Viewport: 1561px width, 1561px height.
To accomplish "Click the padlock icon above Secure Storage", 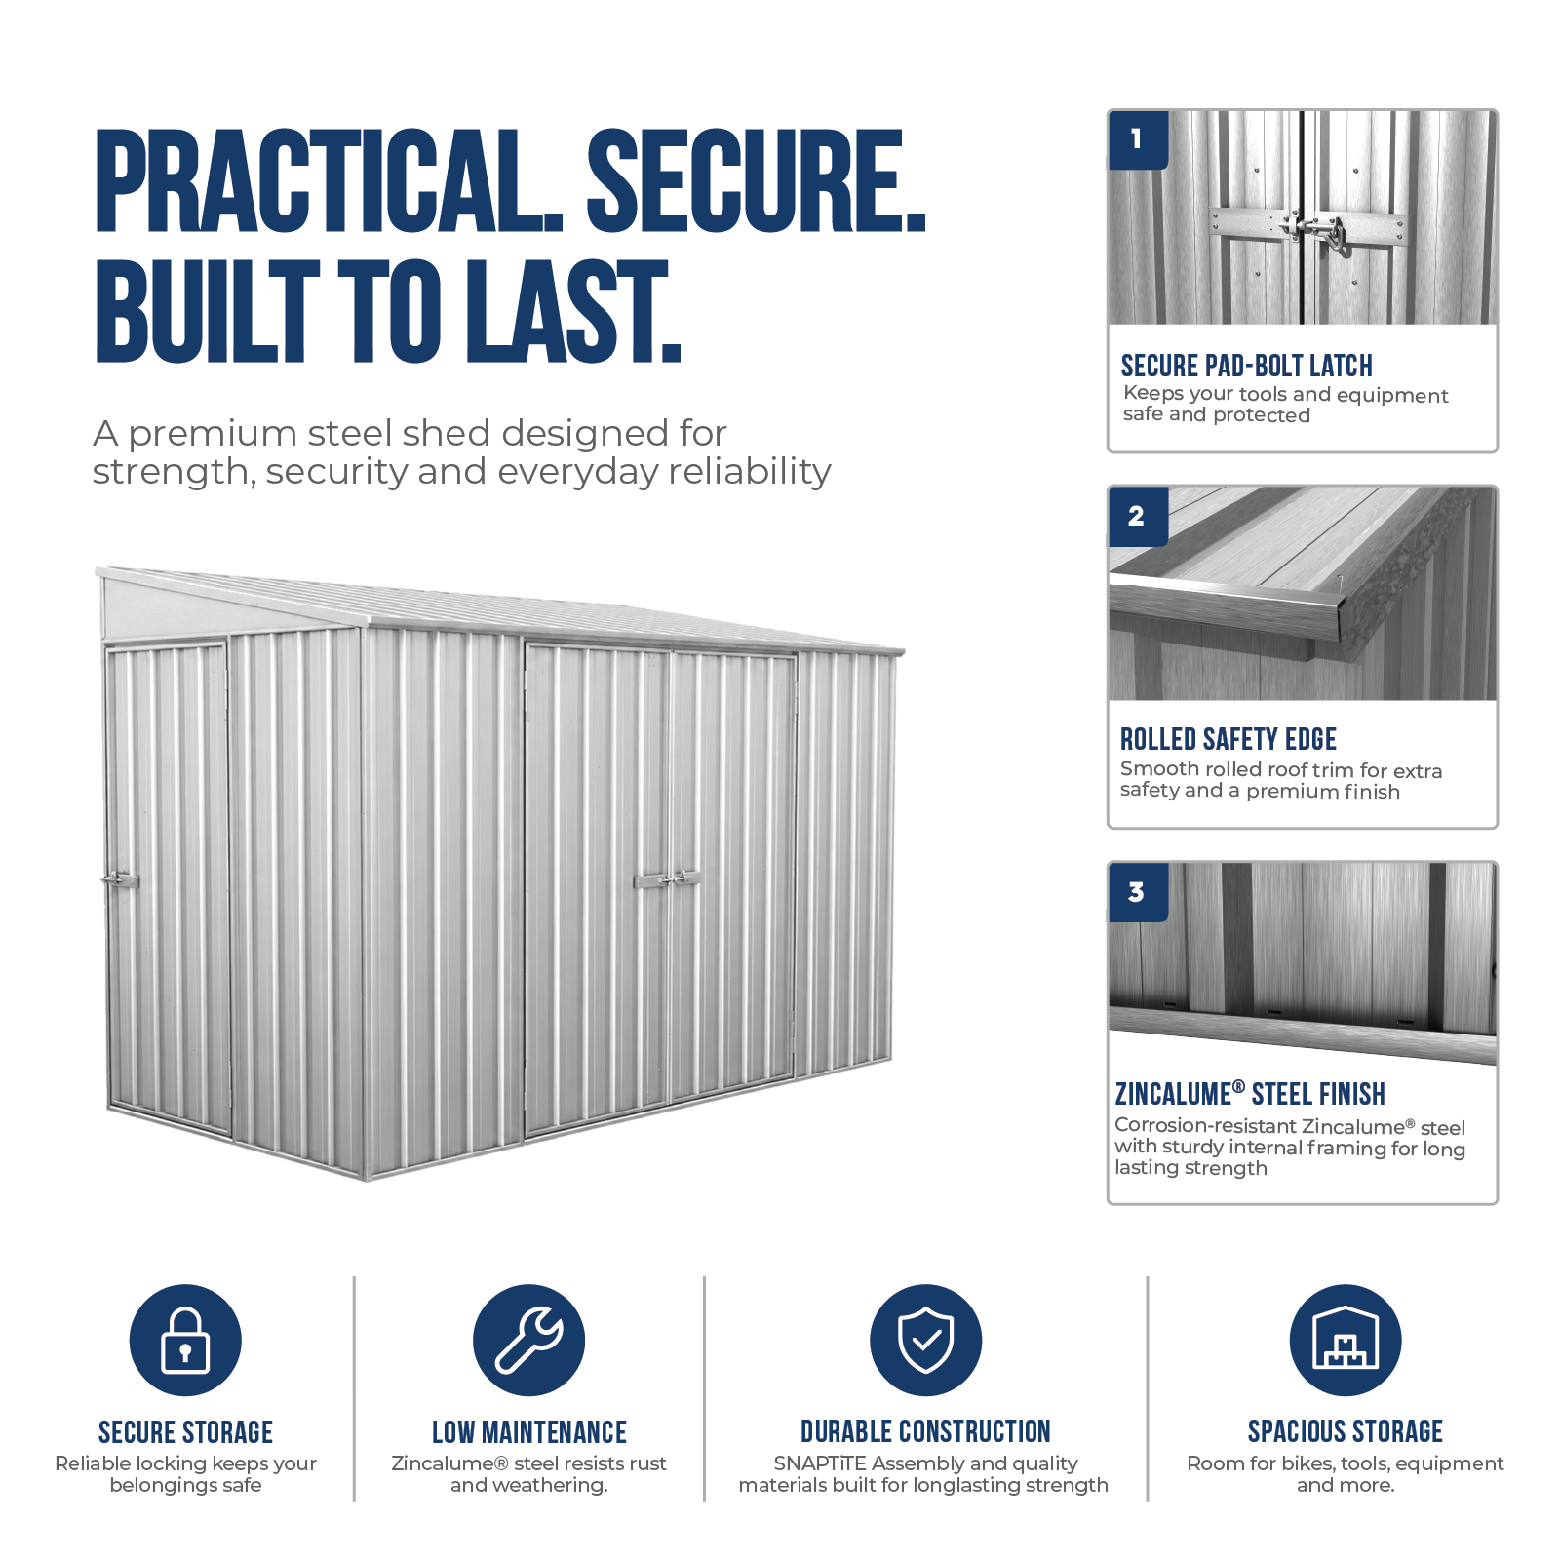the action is pos(185,1340).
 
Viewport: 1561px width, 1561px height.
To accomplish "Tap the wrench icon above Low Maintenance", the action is pos(528,1340).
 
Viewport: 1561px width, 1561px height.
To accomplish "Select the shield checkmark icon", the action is pos(925,1340).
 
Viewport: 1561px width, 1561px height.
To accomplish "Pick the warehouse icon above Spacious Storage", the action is pos(1345,1340).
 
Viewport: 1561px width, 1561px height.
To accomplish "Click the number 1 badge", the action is pos(1138,139).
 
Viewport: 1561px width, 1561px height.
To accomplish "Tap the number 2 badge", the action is pos(1138,516).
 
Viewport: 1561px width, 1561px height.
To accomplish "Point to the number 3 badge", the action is pos(1138,892).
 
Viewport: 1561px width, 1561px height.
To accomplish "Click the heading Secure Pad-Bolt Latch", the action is pos(1246,366).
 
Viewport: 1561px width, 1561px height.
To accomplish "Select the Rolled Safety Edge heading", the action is pos(1228,739).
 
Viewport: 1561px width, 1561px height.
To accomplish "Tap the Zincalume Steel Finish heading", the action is pos(1250,1093).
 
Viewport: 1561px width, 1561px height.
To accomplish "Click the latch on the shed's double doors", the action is pos(668,879).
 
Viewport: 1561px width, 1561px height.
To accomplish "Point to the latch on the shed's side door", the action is pos(120,879).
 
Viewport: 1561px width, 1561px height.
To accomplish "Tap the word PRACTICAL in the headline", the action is pos(329,180).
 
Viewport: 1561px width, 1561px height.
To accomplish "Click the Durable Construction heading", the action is pos(925,1431).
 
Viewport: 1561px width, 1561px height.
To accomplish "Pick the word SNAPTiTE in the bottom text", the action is pos(820,1463).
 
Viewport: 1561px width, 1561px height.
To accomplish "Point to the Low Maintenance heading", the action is pos(529,1432).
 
